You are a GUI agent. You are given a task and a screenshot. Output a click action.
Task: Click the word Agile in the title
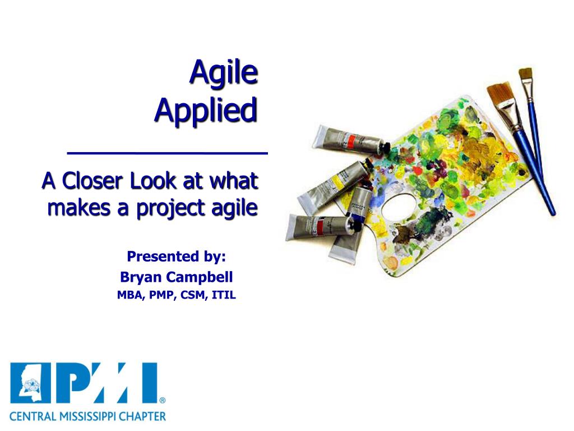(224, 73)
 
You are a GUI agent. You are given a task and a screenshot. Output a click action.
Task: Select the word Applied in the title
(206, 111)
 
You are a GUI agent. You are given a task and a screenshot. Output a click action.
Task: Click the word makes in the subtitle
(79, 208)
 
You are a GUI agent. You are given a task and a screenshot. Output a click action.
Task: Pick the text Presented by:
(176, 256)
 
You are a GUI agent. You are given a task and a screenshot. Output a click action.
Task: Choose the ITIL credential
(224, 295)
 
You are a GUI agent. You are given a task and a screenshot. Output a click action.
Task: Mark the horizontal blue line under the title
(167, 153)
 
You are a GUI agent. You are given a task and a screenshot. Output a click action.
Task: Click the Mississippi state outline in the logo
(30, 383)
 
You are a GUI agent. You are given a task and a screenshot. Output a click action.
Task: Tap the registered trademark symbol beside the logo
(163, 400)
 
